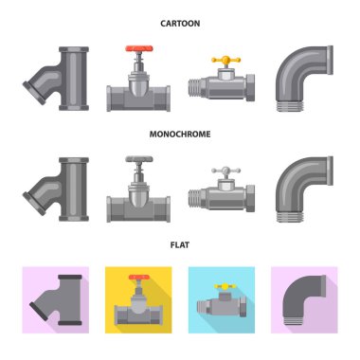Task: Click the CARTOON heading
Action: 180,24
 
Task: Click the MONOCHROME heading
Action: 180,134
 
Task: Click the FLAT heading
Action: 180,244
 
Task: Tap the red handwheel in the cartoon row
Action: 139,48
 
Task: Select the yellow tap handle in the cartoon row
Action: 226,60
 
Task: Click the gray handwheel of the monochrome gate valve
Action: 139,159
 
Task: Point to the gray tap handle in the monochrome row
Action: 226,171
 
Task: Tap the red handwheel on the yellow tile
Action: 139,278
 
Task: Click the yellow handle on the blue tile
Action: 225,286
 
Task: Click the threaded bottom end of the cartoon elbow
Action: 291,106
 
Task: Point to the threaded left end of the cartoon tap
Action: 194,87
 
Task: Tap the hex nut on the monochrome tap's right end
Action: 250,198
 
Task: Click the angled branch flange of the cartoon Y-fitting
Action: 34,93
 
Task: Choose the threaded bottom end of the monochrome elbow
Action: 291,217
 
